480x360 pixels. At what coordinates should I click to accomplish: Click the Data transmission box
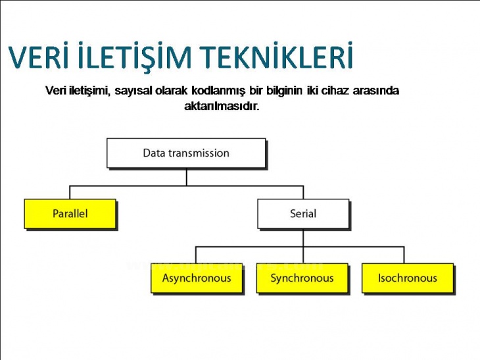point(186,153)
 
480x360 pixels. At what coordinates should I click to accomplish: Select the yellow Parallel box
point(70,213)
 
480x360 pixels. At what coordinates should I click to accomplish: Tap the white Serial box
point(302,213)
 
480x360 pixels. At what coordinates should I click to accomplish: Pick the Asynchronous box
point(197,278)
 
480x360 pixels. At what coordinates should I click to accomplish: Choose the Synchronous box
point(302,278)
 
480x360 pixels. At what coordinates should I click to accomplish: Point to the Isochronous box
point(407,278)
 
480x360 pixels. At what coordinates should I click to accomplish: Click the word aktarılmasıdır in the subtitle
point(222,106)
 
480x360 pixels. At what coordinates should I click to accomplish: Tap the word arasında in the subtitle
point(375,90)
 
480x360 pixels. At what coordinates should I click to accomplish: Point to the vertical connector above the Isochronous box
point(404,255)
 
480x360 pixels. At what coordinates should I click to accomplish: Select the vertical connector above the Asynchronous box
point(196,255)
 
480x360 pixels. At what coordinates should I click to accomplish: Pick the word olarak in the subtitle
point(172,90)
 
